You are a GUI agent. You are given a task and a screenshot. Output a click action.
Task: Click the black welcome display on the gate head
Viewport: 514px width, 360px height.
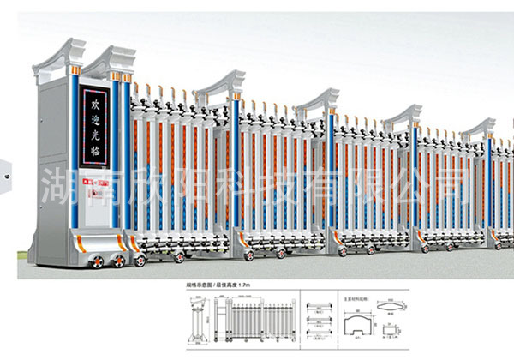(95, 119)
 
